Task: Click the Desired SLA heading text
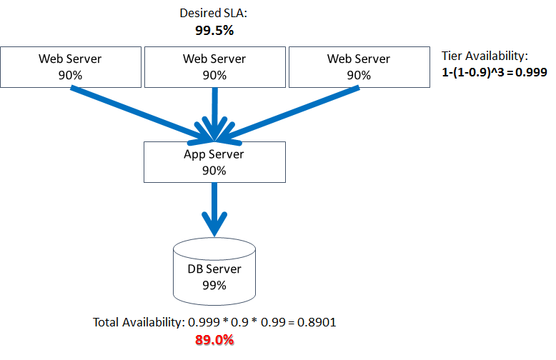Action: tap(214, 13)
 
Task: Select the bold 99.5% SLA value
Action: tap(214, 31)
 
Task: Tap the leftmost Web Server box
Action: tap(70, 66)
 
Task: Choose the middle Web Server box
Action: tap(214, 66)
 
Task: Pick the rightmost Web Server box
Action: tap(359, 66)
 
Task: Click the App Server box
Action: tap(214, 161)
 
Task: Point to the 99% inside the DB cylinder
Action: tap(214, 285)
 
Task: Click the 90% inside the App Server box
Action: tap(214, 170)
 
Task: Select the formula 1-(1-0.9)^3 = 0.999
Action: tap(494, 72)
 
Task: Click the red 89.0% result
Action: tap(214, 340)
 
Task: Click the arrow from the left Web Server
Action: tap(136, 111)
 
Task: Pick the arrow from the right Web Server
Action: tap(293, 111)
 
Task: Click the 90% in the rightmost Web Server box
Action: tap(359, 74)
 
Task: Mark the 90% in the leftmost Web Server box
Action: tap(70, 74)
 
